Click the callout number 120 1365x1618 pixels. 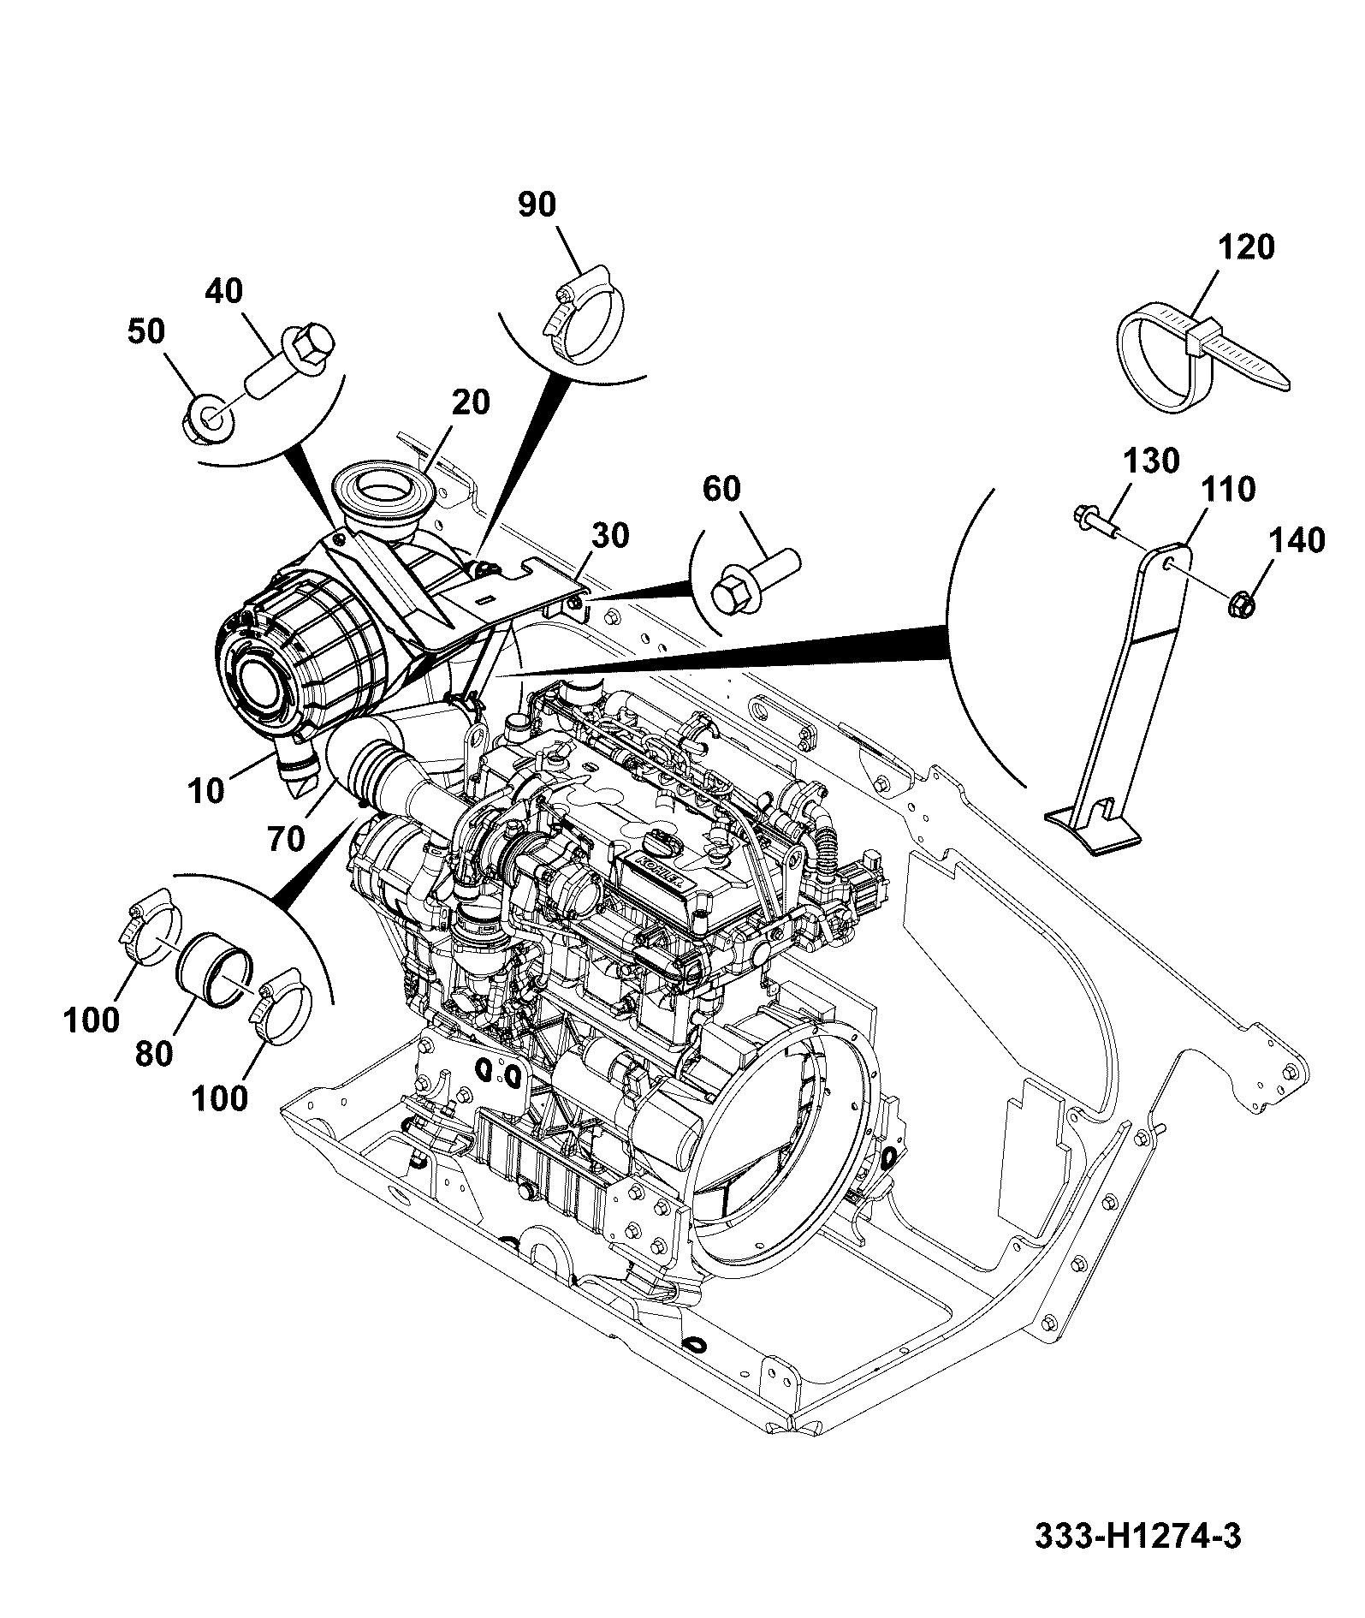1246,247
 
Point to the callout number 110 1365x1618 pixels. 1227,490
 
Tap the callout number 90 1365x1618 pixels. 537,205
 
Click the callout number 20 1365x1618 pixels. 470,402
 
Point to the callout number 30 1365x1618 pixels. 610,536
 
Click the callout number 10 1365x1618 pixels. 206,791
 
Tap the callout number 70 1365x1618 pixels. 286,839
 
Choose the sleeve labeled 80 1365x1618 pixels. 215,976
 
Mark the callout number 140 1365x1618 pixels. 1297,541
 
